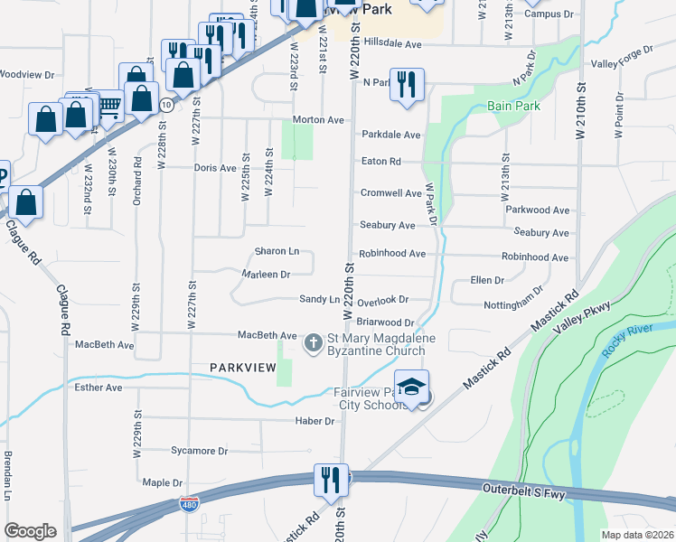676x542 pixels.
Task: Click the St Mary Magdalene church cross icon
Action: (314, 343)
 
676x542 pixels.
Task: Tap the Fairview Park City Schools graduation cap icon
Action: (411, 387)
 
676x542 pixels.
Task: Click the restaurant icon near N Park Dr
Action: (407, 84)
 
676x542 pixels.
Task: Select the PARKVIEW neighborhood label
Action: (242, 368)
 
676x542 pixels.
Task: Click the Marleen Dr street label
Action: (266, 274)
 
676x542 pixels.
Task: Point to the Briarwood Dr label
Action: (385, 322)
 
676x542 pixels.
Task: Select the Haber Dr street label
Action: (315, 421)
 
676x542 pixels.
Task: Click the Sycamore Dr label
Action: (199, 450)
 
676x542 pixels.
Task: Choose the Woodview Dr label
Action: (26, 74)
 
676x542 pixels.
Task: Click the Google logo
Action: (30, 531)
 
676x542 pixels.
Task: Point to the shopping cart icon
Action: (109, 107)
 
